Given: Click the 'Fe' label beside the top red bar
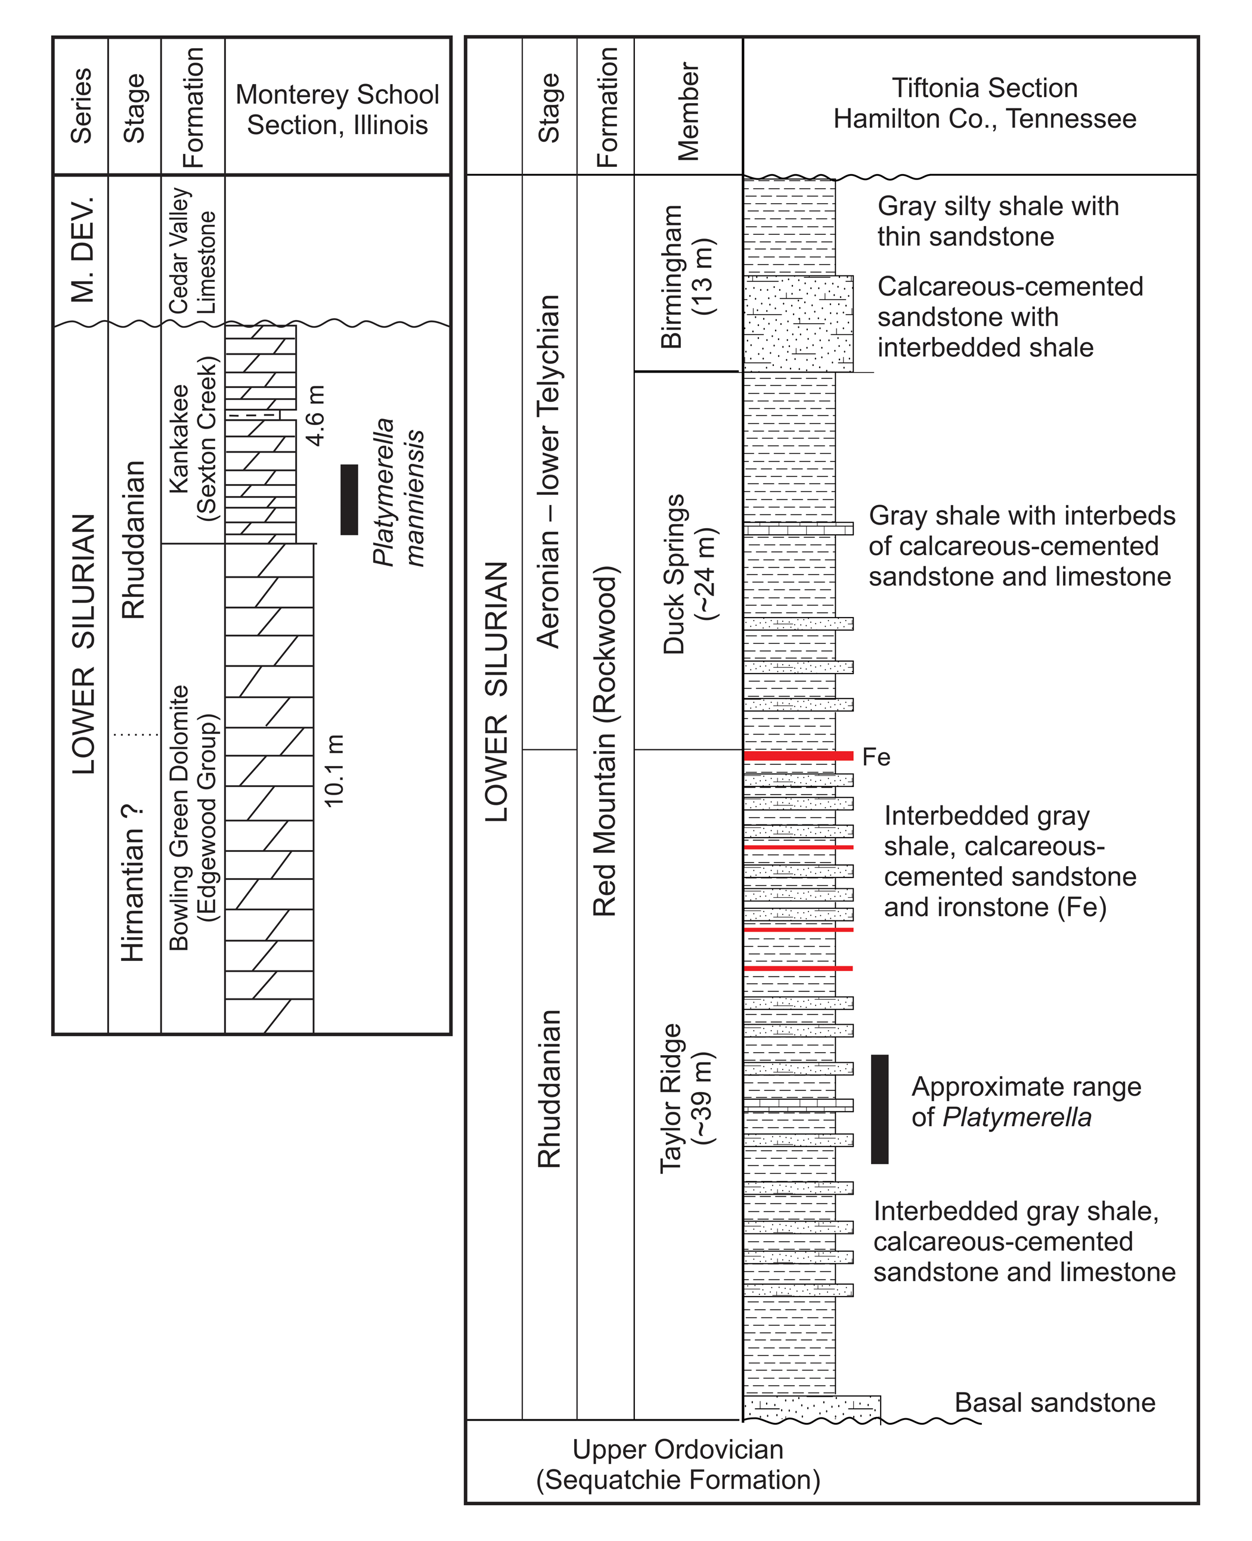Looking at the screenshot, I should [876, 757].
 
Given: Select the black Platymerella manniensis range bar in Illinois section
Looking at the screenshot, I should [349, 500].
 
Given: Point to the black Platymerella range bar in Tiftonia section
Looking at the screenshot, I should [879, 1109].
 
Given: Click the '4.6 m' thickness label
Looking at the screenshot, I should [316, 415].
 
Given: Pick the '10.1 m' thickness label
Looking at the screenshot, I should [334, 770].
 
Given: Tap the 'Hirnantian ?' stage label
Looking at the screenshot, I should [134, 883].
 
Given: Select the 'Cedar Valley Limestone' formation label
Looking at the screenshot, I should [193, 250].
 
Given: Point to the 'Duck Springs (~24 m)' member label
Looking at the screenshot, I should [687, 574].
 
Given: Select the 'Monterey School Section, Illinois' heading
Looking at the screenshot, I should [337, 110].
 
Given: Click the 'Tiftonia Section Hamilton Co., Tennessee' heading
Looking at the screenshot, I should [984, 103].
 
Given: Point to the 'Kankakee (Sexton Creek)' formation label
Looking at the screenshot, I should [193, 438].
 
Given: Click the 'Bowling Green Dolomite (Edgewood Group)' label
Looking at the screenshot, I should [193, 818].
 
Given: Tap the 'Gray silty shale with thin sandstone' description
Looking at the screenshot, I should [997, 221].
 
